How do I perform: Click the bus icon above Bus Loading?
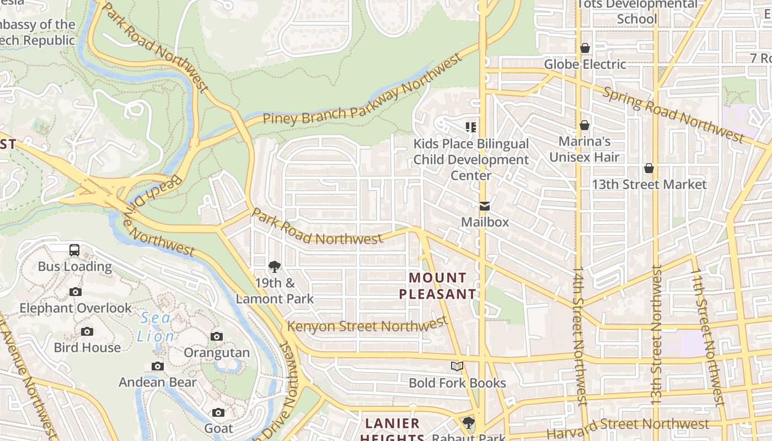pyautogui.click(x=74, y=250)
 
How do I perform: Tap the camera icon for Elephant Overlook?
pyautogui.click(x=76, y=292)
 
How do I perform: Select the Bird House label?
pyautogui.click(x=87, y=347)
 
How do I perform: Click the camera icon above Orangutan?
pyautogui.click(x=217, y=336)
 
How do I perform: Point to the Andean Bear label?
pyautogui.click(x=158, y=382)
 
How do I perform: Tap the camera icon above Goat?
pyautogui.click(x=218, y=412)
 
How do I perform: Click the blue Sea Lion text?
pyautogui.click(x=157, y=327)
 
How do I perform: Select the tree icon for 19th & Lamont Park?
pyautogui.click(x=274, y=267)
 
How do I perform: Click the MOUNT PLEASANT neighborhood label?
pyautogui.click(x=437, y=286)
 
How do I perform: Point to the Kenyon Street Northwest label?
pyautogui.click(x=367, y=326)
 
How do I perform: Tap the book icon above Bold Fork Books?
pyautogui.click(x=457, y=367)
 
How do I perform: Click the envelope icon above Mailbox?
pyautogui.click(x=485, y=206)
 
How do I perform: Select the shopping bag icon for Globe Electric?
pyautogui.click(x=585, y=49)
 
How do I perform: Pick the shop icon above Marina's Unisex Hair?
pyautogui.click(x=585, y=126)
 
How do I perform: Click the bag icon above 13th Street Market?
pyautogui.click(x=649, y=168)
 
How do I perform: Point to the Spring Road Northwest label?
pyautogui.click(x=673, y=114)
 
